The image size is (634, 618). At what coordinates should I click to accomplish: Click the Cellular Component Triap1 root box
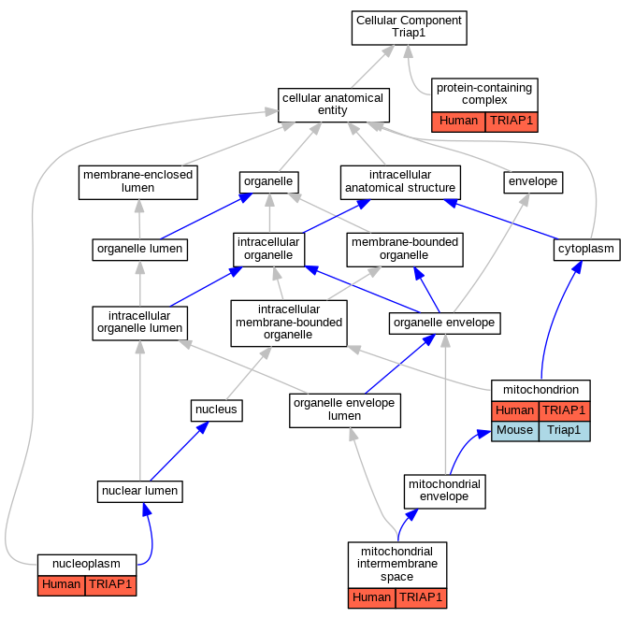(x=410, y=28)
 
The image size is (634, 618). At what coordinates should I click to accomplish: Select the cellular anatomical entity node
(x=334, y=105)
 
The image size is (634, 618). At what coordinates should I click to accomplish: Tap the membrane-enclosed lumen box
(x=137, y=182)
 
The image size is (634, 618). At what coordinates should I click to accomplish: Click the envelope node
(x=533, y=182)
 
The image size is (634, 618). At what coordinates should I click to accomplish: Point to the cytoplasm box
(x=586, y=250)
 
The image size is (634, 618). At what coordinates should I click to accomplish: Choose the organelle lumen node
(x=140, y=250)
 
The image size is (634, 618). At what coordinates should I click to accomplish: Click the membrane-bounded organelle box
(x=405, y=250)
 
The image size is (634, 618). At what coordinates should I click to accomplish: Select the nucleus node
(x=216, y=410)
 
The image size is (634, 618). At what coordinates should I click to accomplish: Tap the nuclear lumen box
(x=140, y=492)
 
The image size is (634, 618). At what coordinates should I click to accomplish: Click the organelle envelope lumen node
(x=345, y=410)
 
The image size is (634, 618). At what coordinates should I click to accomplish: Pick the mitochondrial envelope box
(x=444, y=492)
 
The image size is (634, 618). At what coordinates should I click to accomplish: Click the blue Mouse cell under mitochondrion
(x=514, y=431)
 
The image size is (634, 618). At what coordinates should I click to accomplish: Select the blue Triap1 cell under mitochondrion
(x=564, y=431)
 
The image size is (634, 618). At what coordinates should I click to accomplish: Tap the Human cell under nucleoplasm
(x=61, y=585)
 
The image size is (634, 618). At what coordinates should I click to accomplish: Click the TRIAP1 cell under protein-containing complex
(x=512, y=122)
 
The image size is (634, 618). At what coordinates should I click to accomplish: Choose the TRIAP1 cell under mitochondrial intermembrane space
(x=421, y=598)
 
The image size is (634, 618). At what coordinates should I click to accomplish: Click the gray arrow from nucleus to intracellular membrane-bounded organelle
(x=248, y=373)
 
